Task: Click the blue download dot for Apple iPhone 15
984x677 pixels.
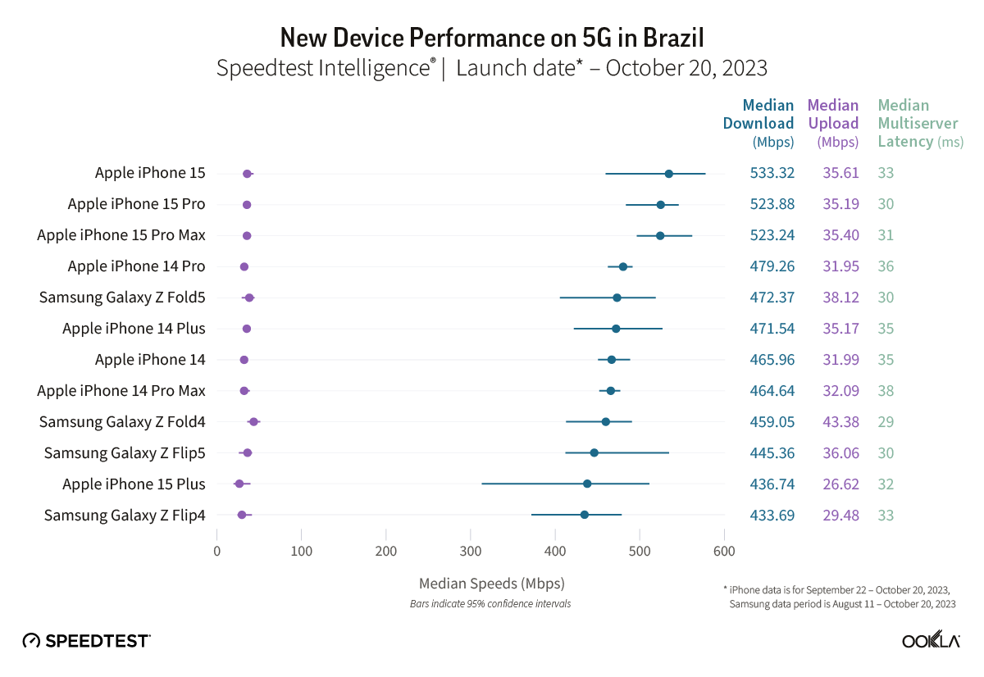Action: (x=668, y=174)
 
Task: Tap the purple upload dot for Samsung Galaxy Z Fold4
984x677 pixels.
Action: (x=253, y=422)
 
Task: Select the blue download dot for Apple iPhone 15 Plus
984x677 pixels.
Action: (x=587, y=484)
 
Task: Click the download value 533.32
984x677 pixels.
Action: (x=772, y=173)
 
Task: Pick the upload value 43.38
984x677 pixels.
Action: (x=840, y=422)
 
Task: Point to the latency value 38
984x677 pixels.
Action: (x=886, y=391)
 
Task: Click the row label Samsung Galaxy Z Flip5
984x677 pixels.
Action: (x=125, y=453)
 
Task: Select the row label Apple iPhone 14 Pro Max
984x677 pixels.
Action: (x=121, y=391)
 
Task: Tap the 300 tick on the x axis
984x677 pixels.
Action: (x=471, y=552)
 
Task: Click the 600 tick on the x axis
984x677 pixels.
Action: (x=724, y=552)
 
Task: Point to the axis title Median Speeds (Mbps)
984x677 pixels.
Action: (x=491, y=584)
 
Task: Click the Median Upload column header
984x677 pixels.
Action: (x=832, y=123)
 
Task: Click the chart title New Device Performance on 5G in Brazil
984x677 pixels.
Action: (x=492, y=37)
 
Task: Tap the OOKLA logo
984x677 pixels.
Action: (x=931, y=640)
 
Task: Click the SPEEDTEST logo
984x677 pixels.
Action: (x=86, y=640)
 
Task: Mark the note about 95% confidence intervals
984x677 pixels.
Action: (x=490, y=604)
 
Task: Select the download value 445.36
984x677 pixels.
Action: (x=772, y=453)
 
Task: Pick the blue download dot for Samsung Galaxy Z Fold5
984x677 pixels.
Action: (x=617, y=298)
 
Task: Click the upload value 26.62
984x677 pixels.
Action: (x=840, y=484)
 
